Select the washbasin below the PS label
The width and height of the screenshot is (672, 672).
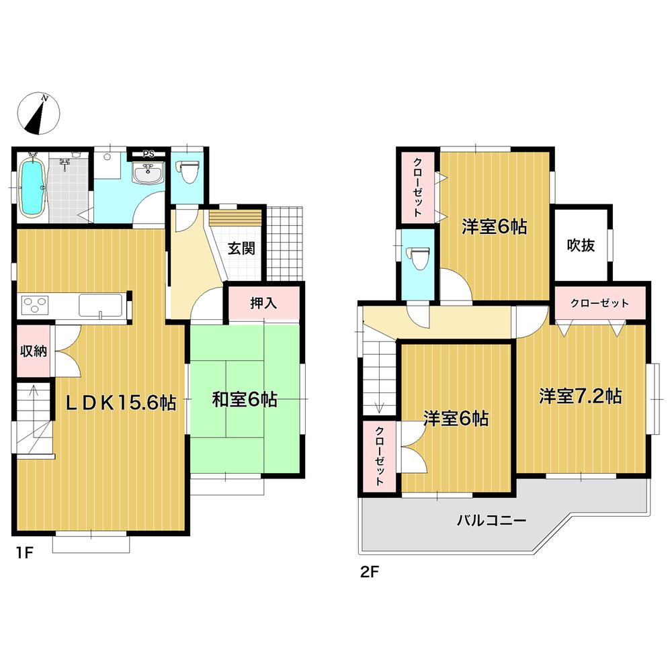(149, 174)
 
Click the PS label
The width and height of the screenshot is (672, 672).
(149, 153)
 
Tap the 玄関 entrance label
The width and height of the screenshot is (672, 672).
(241, 249)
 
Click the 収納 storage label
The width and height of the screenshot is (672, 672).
(32, 351)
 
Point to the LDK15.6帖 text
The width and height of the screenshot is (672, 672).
(121, 403)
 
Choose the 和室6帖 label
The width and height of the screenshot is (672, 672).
(245, 400)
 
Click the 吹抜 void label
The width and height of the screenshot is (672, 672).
(581, 245)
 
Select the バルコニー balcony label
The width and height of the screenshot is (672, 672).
(491, 519)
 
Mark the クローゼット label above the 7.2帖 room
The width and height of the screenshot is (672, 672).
(599, 303)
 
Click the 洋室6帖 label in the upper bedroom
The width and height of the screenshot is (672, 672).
(493, 227)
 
